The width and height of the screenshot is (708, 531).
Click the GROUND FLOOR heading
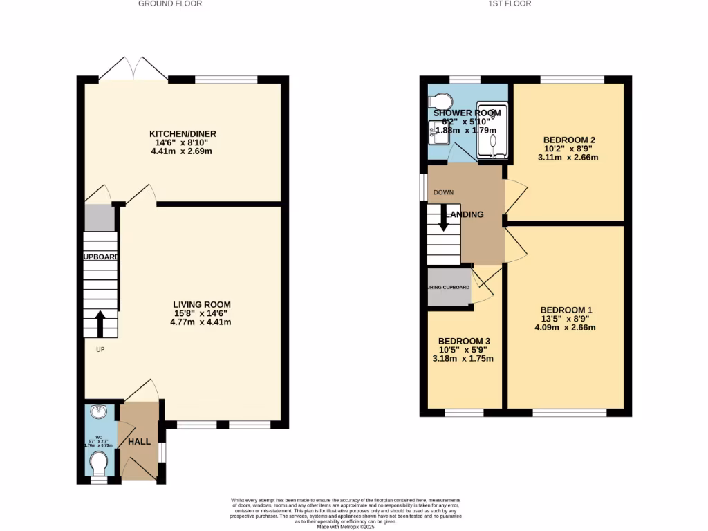pyautogui.click(x=170, y=3)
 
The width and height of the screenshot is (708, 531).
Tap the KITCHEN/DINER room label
pyautogui.click(x=182, y=133)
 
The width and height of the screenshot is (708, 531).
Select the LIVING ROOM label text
pyautogui.click(x=202, y=304)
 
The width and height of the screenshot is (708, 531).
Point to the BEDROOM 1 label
pyautogui.click(x=566, y=310)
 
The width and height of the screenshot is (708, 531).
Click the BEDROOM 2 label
pyautogui.click(x=569, y=139)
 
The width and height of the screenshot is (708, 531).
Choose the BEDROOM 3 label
pyautogui.click(x=464, y=342)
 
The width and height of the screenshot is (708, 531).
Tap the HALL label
pyautogui.click(x=138, y=441)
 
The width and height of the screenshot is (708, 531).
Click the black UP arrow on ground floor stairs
pyautogui.click(x=99, y=323)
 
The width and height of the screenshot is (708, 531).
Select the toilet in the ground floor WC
pyautogui.click(x=99, y=461)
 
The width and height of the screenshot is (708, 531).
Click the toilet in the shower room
pyautogui.click(x=440, y=101)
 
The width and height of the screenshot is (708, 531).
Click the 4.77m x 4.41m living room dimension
pyautogui.click(x=202, y=322)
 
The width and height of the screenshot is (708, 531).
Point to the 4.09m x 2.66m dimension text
pyautogui.click(x=566, y=327)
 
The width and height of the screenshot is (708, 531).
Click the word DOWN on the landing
pyautogui.click(x=442, y=192)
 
